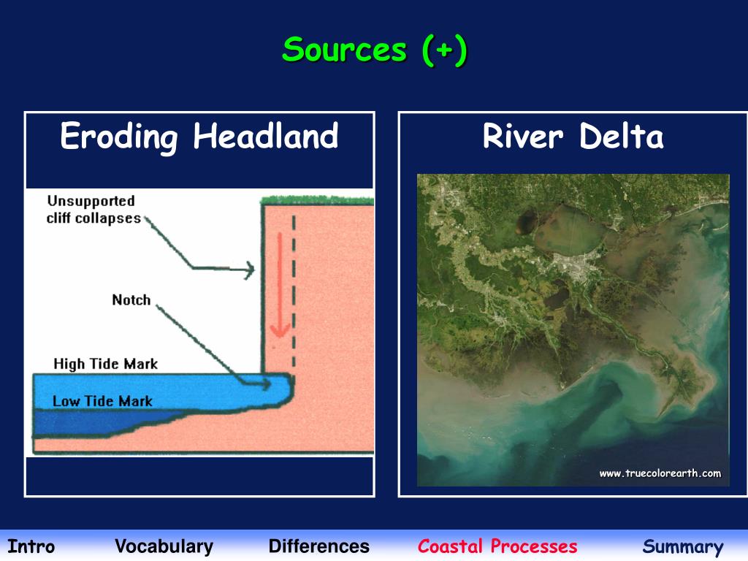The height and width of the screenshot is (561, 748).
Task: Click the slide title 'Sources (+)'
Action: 374,50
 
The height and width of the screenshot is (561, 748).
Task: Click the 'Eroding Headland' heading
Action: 199,137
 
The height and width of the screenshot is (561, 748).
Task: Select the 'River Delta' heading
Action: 573,137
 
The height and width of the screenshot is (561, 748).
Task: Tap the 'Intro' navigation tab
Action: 31,546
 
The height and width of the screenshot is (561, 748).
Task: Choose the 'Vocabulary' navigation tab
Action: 164,546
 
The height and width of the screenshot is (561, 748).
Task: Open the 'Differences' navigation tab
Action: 318,546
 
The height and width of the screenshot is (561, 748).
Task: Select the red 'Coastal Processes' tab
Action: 497,546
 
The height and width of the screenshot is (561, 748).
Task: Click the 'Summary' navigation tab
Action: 683,547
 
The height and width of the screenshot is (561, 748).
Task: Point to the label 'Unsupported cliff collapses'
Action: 93,210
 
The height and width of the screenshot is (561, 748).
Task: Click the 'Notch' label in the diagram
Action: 131,299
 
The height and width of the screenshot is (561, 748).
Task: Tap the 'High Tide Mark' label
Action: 105,364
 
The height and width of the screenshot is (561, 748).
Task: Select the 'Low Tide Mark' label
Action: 102,401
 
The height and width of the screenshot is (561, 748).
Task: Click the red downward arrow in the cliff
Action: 278,292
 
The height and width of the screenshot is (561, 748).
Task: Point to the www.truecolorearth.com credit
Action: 660,473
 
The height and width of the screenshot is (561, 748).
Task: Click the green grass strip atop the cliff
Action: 318,199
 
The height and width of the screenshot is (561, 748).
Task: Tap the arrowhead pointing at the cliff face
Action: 250,270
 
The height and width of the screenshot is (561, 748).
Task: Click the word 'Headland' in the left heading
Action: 266,137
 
